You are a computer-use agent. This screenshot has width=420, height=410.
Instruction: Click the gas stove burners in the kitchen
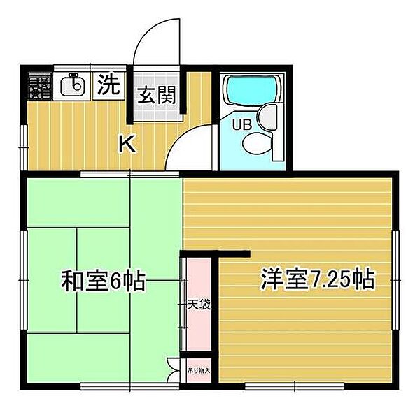click(39, 86)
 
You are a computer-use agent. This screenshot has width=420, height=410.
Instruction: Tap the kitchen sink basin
click(72, 86)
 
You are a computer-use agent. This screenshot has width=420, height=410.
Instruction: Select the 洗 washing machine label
click(108, 85)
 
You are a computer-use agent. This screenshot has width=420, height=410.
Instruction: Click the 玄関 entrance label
click(155, 94)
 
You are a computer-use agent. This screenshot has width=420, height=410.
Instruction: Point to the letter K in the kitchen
click(127, 144)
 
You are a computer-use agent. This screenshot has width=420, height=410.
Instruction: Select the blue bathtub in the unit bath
click(251, 89)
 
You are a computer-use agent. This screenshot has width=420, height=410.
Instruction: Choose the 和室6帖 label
click(103, 281)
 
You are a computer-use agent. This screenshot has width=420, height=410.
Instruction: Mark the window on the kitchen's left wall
click(23, 145)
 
